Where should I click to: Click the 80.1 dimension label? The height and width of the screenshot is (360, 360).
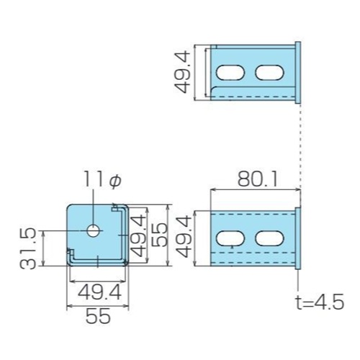(258, 179)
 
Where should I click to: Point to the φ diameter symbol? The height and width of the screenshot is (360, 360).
(115, 179)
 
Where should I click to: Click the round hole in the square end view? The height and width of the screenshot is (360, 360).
(94, 230)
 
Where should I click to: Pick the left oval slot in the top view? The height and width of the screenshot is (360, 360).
(230, 72)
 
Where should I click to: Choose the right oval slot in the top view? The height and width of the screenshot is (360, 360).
(269, 72)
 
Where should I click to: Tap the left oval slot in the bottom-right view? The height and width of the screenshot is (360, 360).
(230, 238)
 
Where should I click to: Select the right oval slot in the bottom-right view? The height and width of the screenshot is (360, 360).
(269, 238)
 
